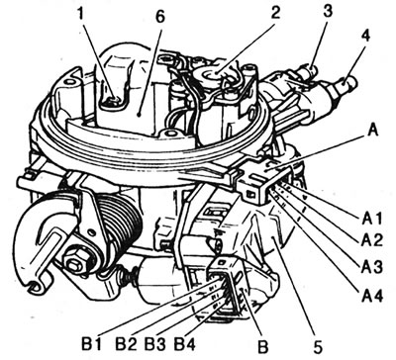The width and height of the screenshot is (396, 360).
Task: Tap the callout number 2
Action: tap(274, 13)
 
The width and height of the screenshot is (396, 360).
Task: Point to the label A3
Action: tap(371, 266)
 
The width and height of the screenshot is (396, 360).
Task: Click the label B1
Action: tap(91, 344)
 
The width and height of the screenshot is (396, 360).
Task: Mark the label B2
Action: tap(127, 344)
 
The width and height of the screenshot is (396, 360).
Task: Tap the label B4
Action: tap(185, 344)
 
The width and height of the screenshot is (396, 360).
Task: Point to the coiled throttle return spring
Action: tap(117, 225)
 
